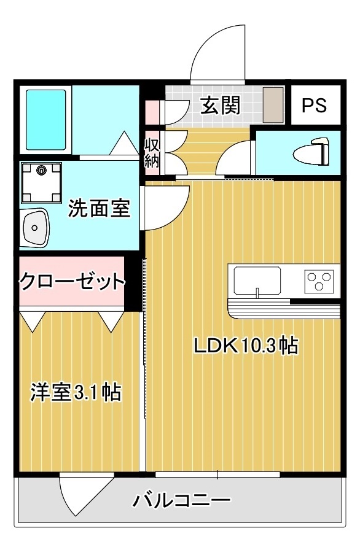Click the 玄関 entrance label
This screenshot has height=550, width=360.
tap(219, 106)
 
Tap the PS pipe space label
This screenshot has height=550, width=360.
tap(314, 106)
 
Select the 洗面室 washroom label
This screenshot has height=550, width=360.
tap(99, 209)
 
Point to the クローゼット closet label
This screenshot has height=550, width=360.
tap(72, 282)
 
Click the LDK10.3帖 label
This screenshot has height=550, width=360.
tap(246, 346)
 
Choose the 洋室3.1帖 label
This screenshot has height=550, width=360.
tap(75, 392)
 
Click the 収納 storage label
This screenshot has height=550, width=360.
tap(152, 153)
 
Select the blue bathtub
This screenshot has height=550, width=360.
tap(44, 119)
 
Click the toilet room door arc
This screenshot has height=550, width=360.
tap(235, 158)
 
